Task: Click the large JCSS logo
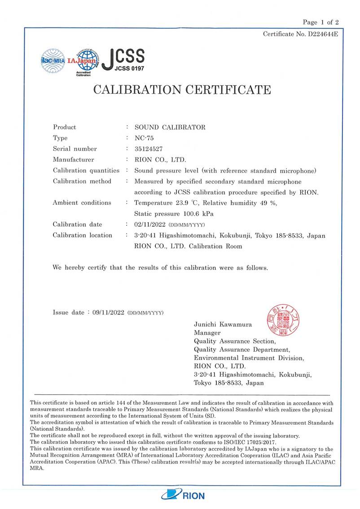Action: coord(123,59)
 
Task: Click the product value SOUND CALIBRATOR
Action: coord(170,127)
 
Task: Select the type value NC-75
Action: coord(144,138)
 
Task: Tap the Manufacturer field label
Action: coord(74,160)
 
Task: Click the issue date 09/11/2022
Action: coord(108,312)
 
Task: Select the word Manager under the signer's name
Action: coord(207,333)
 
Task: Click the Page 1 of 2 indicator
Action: coord(320,22)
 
